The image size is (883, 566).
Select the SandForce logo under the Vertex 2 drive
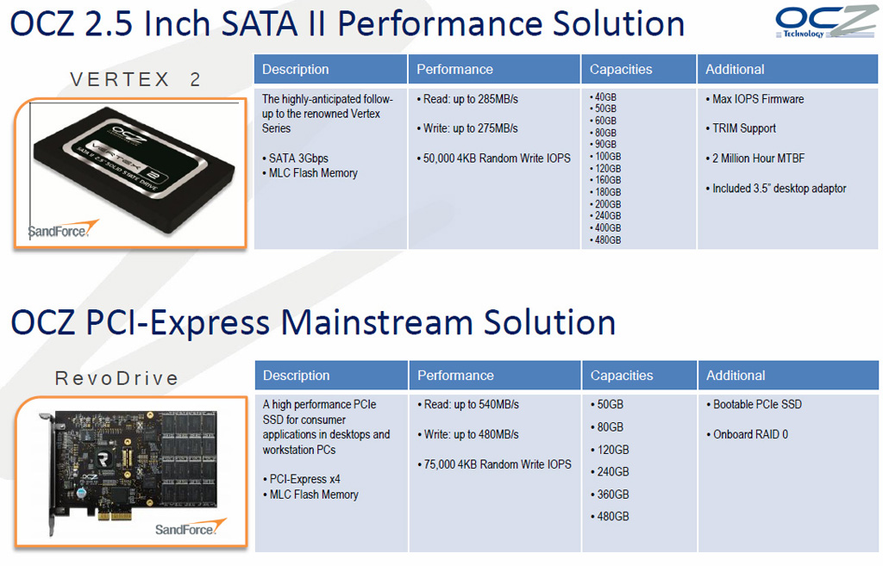tap(63, 229)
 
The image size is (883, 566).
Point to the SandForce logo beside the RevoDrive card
tap(191, 527)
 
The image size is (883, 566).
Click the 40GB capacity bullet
tap(603, 96)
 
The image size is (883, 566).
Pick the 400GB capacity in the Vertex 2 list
tap(605, 227)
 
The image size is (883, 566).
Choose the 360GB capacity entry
tap(610, 494)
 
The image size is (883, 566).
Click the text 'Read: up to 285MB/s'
tap(467, 99)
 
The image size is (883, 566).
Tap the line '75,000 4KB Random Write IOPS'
tap(494, 464)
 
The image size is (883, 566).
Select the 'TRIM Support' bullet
tap(741, 128)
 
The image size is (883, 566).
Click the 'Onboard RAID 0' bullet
tap(748, 434)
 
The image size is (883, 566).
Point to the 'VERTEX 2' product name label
tap(135, 79)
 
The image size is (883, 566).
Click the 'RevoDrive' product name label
tap(116, 378)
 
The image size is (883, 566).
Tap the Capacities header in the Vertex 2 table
tap(621, 69)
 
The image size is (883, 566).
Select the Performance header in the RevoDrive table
tap(455, 376)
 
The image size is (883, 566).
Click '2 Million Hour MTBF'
tap(755, 159)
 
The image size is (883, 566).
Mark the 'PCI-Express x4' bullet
tap(301, 479)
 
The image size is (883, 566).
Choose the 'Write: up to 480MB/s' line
tap(468, 434)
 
